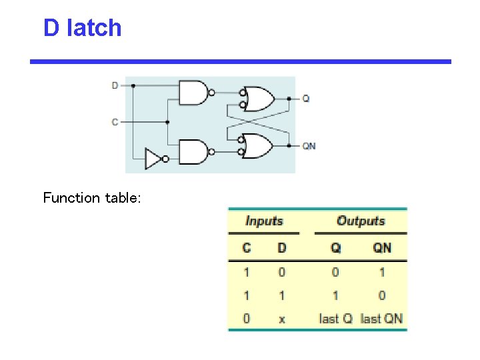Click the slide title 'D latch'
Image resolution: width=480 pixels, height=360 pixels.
pos(82,28)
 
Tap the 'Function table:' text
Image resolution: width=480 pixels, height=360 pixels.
pos(92,198)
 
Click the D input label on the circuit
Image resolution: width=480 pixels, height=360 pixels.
pos(115,85)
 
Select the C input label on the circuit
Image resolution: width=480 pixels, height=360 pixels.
pos(115,122)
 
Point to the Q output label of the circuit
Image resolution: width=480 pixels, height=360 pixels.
pos(305,99)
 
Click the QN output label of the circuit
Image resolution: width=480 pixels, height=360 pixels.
pos(309,145)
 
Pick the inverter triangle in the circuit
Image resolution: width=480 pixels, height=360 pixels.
pos(154,159)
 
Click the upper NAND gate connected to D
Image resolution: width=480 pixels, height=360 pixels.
pos(193,93)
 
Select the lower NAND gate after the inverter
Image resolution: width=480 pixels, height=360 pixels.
pos(193,152)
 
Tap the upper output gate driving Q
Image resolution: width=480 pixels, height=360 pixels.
pos(257,99)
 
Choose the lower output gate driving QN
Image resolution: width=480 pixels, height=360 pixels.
pos(257,145)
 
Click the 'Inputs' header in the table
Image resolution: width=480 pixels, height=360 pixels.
pos(264,221)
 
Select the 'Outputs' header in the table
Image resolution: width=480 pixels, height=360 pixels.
pos(361,221)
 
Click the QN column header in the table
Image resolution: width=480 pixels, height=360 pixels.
pos(382,248)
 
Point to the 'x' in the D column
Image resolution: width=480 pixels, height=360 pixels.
pos(282,319)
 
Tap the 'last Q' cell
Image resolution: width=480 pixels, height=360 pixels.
pos(335,319)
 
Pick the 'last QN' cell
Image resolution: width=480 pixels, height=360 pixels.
pos(381,319)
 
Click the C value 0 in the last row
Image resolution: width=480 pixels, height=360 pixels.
pos(247,319)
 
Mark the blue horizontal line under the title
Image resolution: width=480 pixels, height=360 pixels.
pos(240,61)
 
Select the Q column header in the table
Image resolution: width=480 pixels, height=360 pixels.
pos(335,248)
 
